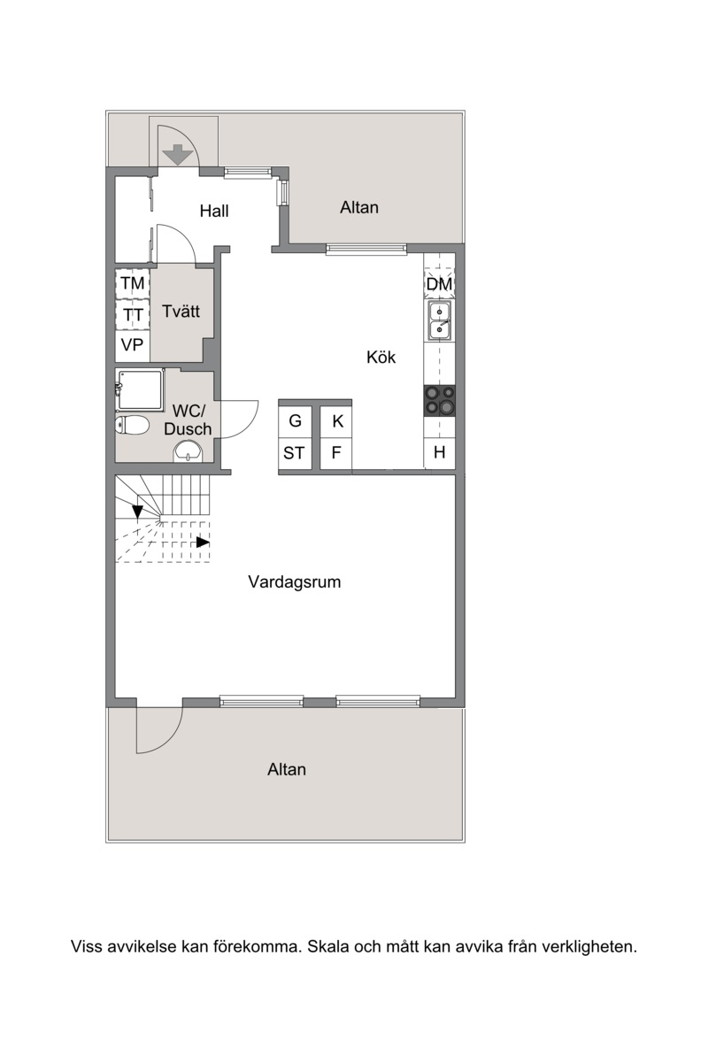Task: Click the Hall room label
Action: tap(214, 211)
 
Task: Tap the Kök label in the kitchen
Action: tap(381, 357)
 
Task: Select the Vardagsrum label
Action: tap(294, 582)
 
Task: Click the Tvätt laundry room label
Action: tap(181, 312)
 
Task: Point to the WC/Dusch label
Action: tap(188, 420)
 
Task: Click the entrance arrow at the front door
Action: tap(178, 155)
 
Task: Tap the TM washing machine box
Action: tap(133, 283)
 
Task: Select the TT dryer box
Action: tap(133, 314)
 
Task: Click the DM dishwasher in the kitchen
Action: tap(439, 284)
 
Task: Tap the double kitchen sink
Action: tap(440, 320)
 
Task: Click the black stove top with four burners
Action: tap(440, 401)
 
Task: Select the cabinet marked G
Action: tap(296, 421)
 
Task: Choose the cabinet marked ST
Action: tap(296, 453)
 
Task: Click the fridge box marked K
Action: tap(336, 421)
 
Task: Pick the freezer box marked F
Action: tap(336, 453)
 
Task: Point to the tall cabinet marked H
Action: tap(440, 452)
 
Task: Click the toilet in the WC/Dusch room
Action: tap(132, 425)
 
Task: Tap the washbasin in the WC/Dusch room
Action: tap(189, 451)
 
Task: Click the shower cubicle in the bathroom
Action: tap(141, 391)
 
